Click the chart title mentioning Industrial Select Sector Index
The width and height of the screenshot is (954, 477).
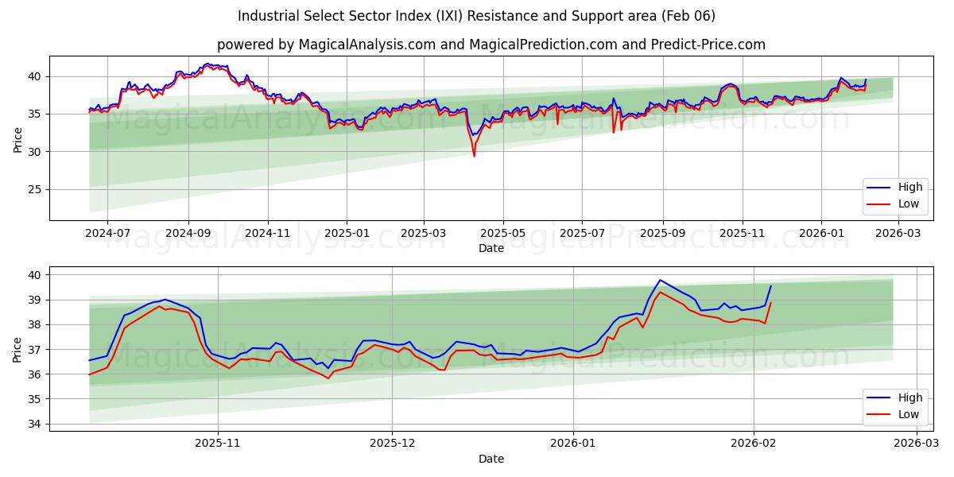pos(476,16)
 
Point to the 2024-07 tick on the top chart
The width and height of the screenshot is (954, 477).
pos(107,233)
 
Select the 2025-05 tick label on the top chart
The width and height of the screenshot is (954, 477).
pos(502,233)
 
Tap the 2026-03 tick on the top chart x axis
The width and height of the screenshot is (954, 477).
pos(898,233)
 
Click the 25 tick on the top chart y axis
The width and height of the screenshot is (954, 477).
pos(35,189)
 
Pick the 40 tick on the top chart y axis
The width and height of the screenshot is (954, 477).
pos(35,76)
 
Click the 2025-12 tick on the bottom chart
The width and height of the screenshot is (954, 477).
pos(393,444)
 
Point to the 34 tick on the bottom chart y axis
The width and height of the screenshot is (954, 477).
pos(35,424)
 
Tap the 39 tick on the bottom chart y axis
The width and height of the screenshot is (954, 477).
pos(35,300)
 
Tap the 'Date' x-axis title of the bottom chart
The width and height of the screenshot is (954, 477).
pos(491,459)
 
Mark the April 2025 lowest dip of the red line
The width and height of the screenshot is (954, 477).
pos(475,156)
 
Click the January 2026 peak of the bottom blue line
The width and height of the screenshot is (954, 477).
pos(659,280)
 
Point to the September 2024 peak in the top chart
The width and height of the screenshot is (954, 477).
pos(207,64)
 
